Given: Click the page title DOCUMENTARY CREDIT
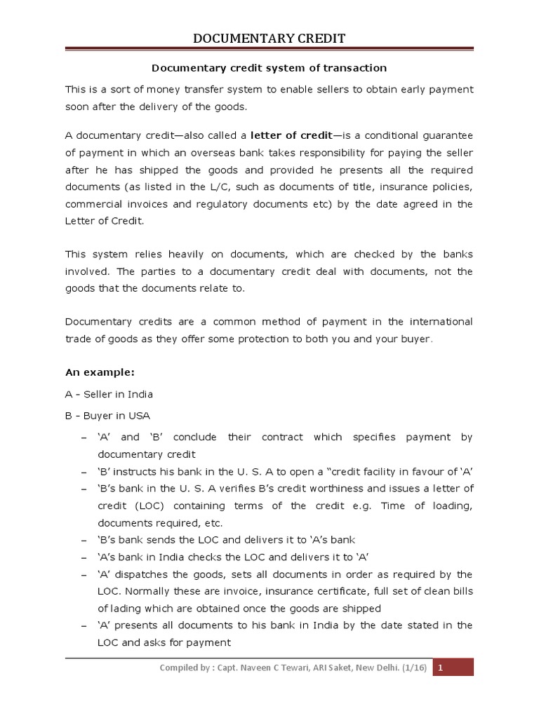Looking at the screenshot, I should coord(269,38).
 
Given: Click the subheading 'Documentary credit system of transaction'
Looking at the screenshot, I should coord(269,68).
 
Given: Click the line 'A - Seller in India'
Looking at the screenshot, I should coord(109,394).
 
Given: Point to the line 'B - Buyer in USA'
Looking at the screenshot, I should coord(107,415).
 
